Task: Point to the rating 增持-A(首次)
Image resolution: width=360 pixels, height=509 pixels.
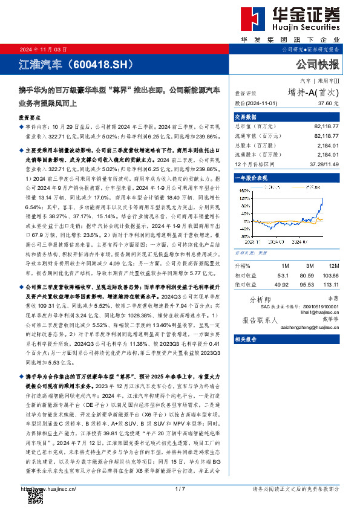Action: [x=313, y=92]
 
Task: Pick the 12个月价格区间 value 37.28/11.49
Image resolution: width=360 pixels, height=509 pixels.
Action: [x=324, y=164]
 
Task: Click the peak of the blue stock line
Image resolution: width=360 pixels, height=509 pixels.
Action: [x=322, y=198]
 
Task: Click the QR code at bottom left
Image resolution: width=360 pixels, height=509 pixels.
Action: [x=30, y=495]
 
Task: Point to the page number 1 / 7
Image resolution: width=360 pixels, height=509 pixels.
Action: [x=180, y=488]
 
